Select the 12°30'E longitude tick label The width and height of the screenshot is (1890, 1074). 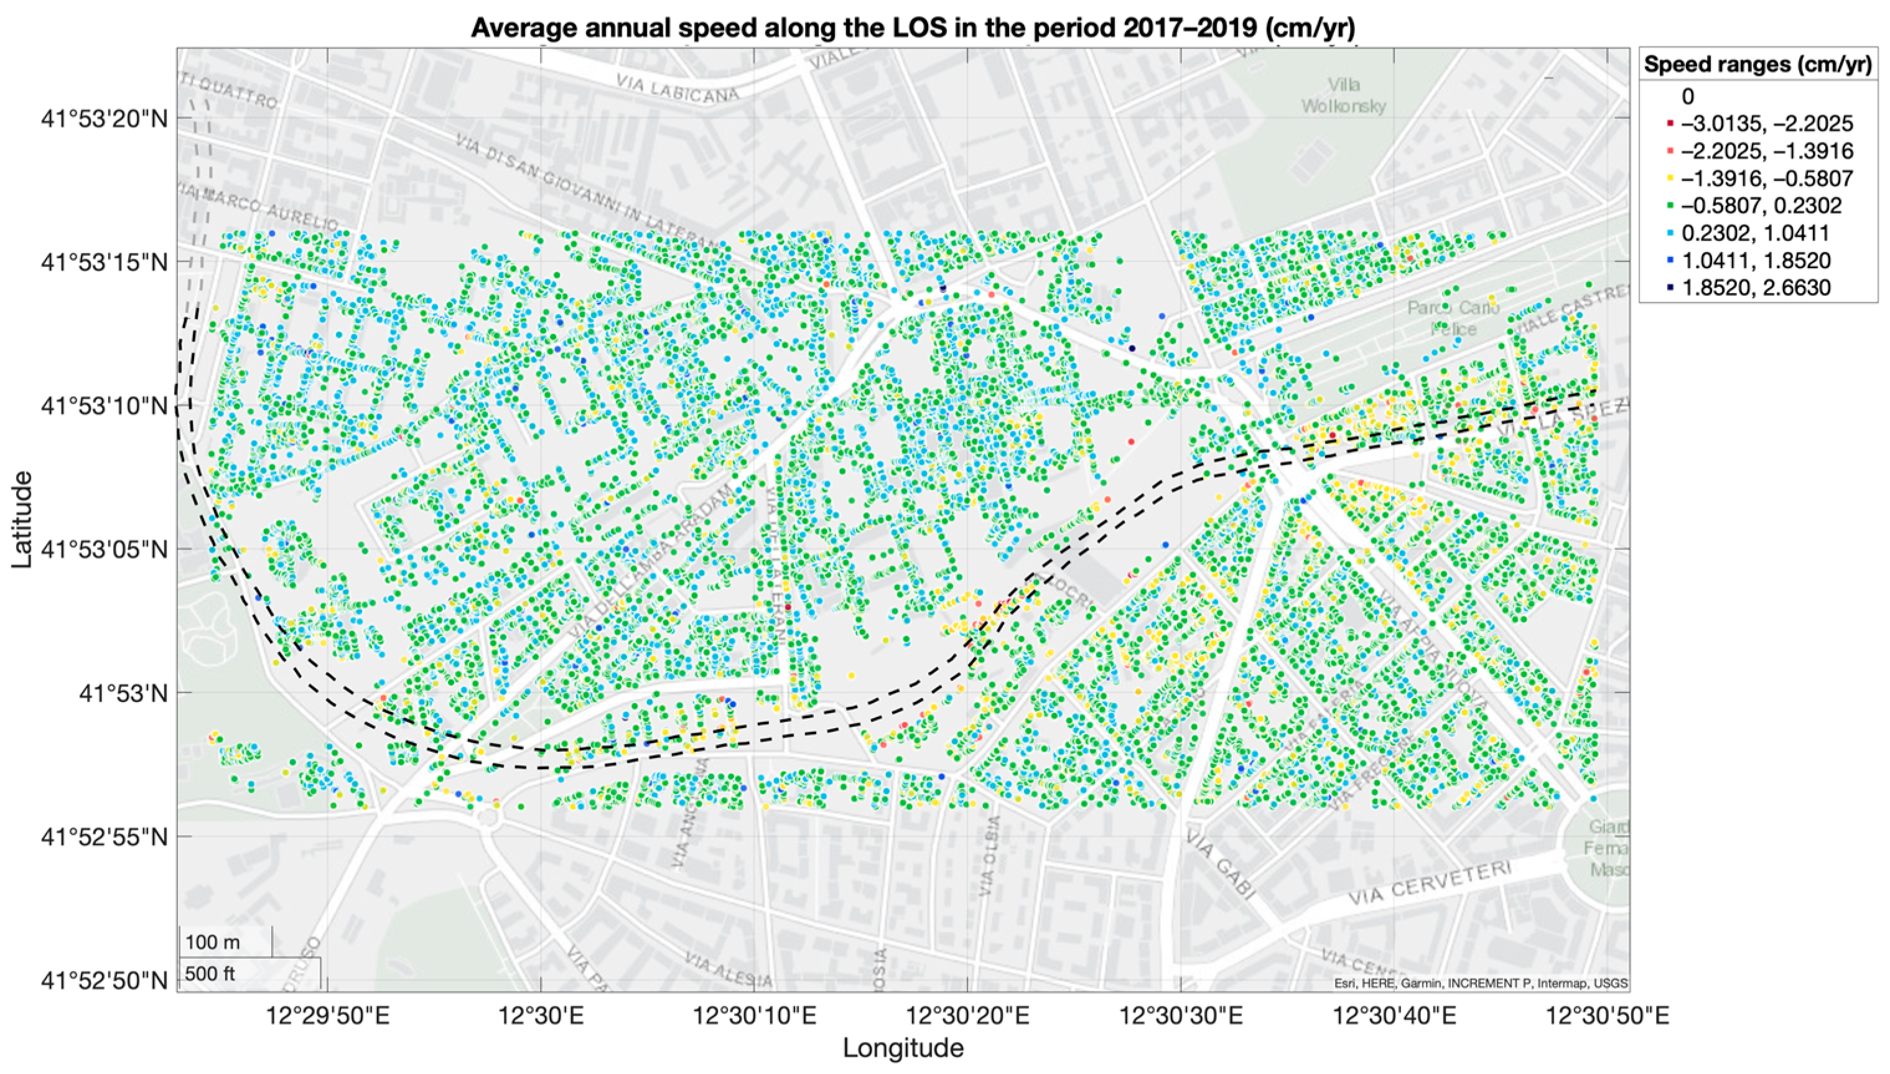(541, 1017)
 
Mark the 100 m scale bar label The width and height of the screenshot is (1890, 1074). (212, 942)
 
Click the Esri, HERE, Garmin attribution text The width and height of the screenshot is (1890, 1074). (1481, 983)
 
